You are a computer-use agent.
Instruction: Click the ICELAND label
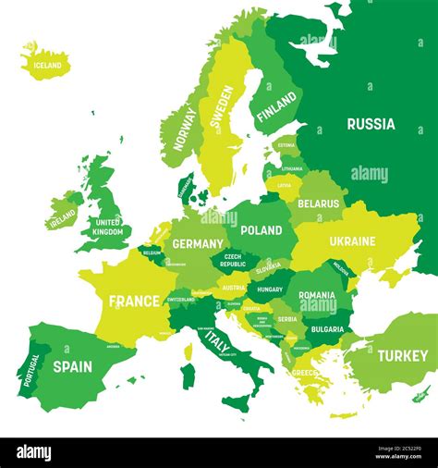[x=47, y=66]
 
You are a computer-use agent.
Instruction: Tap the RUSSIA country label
[x=371, y=124]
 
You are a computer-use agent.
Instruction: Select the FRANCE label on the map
[x=134, y=302]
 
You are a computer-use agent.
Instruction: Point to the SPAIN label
[x=72, y=366]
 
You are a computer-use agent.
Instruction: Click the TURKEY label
[x=402, y=355]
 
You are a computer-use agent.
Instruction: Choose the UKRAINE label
[x=352, y=241]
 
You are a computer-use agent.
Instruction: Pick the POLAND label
[x=262, y=230]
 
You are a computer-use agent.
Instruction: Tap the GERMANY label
[x=198, y=244]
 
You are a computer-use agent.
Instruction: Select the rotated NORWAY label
[x=185, y=129]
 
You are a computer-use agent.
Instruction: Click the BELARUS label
[x=319, y=203]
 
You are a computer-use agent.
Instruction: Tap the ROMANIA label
[x=317, y=295]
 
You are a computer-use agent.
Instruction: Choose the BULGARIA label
[x=327, y=329]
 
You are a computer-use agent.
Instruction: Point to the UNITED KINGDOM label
[x=108, y=227]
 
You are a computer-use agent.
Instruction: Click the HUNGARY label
[x=270, y=289]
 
